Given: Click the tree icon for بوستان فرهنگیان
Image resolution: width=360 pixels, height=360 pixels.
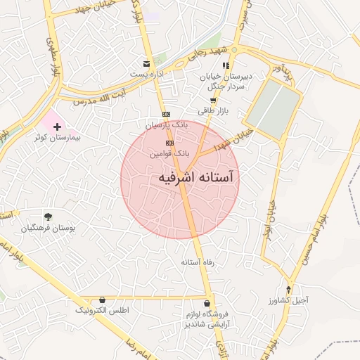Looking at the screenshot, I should pos(48,217).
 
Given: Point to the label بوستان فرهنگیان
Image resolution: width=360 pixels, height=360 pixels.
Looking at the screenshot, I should pos(48,229).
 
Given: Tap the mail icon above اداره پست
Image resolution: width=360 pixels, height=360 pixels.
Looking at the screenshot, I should pos(146,63).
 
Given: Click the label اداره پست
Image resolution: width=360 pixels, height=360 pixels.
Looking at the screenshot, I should pos(146,73).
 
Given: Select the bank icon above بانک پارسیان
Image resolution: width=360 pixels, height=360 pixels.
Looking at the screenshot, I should pos(165,114).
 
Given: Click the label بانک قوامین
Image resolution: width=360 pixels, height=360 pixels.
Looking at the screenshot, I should pos(170,152).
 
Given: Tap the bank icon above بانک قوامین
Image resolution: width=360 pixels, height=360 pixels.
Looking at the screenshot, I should pos(169,141).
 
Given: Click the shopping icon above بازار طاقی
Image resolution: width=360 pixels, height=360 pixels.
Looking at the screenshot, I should pos(213,100).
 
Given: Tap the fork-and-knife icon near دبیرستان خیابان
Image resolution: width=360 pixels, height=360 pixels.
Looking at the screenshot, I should pos(226,65).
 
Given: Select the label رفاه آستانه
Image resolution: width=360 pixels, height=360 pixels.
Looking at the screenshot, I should pos(197,262).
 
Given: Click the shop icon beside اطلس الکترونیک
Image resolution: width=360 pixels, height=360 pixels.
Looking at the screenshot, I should pos(103,300).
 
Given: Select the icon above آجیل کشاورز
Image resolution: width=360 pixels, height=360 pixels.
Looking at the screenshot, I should pos(288,290).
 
